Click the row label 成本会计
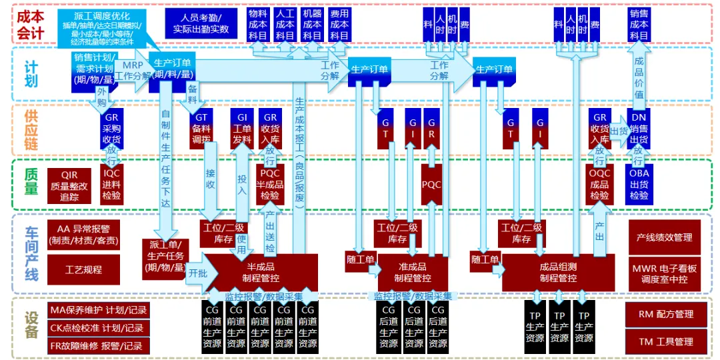click(x=31, y=23)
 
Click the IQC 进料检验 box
click(x=112, y=185)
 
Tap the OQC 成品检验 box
click(x=599, y=185)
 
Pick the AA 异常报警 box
click(x=74, y=234)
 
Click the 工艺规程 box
click(x=74, y=270)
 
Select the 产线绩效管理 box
click(x=665, y=237)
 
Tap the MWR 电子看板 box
click(x=665, y=274)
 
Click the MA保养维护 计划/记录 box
click(x=97, y=310)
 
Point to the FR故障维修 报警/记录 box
click(x=97, y=346)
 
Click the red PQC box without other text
click(x=431, y=185)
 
